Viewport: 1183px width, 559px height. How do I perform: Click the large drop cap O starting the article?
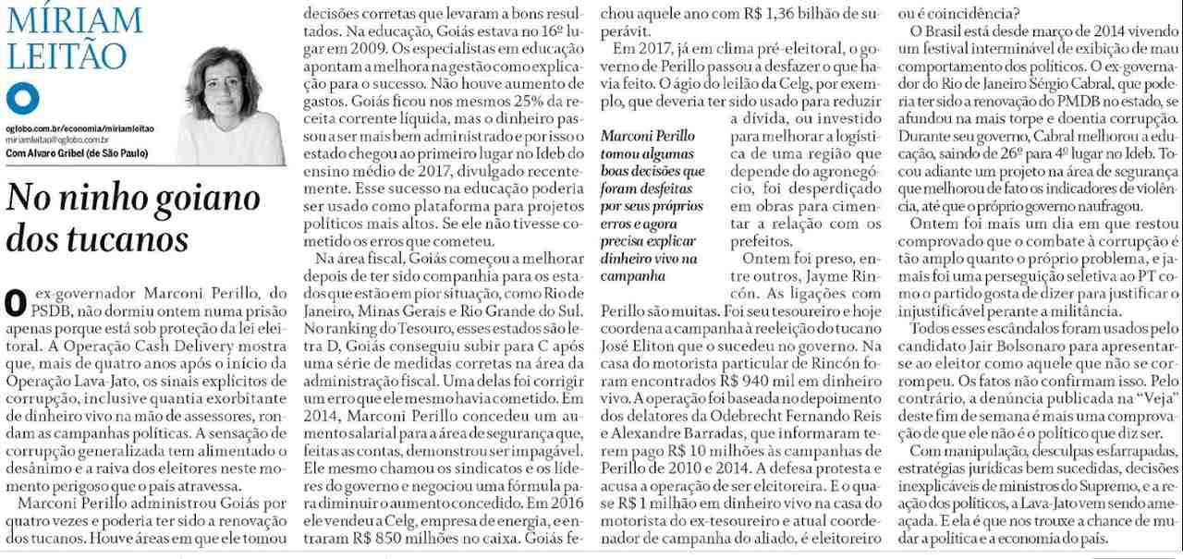14,302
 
